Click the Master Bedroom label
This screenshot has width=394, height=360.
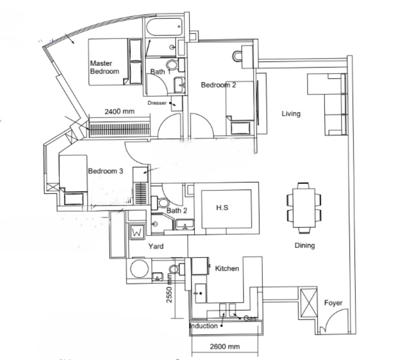pos(105,67)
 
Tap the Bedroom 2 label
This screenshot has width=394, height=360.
pos(219,85)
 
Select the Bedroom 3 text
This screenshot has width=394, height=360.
pos(105,171)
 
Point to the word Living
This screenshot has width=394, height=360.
pos(291,114)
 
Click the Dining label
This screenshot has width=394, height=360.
pos(305,245)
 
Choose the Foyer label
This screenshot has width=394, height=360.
pos(333,303)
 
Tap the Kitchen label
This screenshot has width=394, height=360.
pos(227,269)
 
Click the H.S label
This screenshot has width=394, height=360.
pos(222,208)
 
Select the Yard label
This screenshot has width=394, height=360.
pos(156,246)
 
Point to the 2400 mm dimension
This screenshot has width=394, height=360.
pos(119,111)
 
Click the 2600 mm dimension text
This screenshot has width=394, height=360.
pos(225,347)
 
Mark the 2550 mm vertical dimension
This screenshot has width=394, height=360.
pos(169,288)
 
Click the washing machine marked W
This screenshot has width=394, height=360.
pos(137,232)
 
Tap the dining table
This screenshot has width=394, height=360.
pos(304,208)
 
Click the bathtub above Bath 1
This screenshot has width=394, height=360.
pos(164,27)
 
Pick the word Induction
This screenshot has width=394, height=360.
pos(204,326)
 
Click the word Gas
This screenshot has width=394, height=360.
pos(250,318)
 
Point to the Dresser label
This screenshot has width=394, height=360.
pos(157,103)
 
